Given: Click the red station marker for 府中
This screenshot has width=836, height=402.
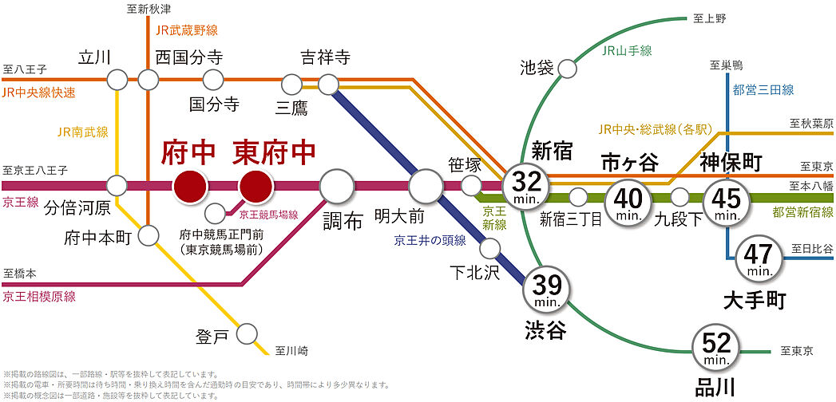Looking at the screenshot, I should tap(190, 186).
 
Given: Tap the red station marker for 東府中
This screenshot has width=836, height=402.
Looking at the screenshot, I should tap(256, 186).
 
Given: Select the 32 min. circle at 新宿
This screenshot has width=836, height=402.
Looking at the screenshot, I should tap(526, 186).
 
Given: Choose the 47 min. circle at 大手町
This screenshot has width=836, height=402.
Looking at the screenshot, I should tap(757, 258).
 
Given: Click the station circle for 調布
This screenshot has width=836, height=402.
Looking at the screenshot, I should tap(337, 186).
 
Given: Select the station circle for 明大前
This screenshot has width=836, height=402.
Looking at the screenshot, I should tap(426, 186).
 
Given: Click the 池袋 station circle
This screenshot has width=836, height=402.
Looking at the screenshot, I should tap(567, 69).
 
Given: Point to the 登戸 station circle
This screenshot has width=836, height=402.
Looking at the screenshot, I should tap(248, 333).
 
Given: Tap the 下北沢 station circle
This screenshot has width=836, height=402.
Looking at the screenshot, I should tap(489, 247).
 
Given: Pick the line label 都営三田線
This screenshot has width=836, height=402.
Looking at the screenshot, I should tap(763, 90).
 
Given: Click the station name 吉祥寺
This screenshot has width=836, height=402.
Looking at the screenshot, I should tap(326, 57).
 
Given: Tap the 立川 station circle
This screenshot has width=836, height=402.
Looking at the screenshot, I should tap(117, 80).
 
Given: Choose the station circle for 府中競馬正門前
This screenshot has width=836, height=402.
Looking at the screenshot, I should tap(214, 213).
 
